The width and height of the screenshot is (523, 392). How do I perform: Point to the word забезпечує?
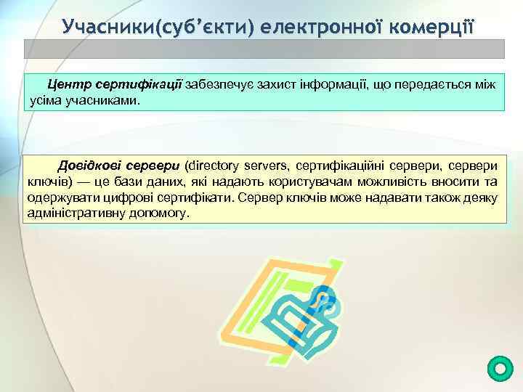pos(217,84)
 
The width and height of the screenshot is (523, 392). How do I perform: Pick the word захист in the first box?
pos(272,84)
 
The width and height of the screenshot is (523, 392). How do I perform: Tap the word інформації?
pos(329,84)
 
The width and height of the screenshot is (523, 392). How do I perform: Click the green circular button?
pos(498,369)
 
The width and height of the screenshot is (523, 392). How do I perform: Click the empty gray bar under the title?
pos(264,48)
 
